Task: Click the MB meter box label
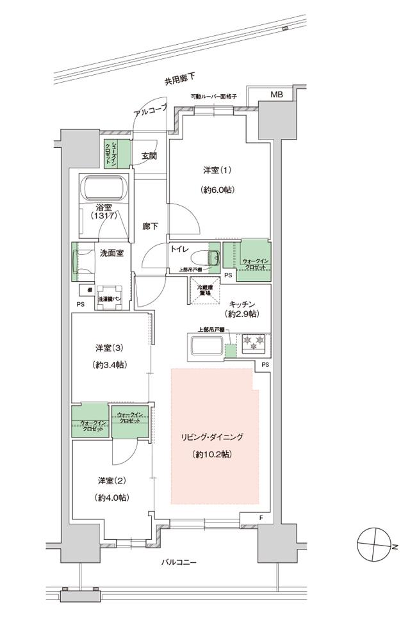tap(276, 95)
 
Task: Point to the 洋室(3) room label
tap(109, 348)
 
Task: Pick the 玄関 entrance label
tap(149, 156)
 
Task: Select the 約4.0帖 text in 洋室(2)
tap(111, 498)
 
